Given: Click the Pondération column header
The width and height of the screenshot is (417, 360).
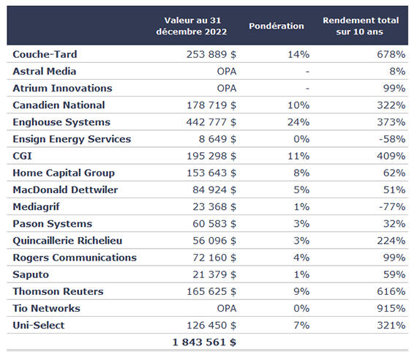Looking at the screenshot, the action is tap(277, 26).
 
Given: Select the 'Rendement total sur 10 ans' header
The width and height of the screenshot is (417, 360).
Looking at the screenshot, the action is tap(361, 26).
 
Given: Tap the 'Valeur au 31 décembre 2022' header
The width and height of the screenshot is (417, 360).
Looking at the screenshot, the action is tap(192, 26).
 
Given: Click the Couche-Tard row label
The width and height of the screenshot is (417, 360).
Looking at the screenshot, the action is tap(45, 54).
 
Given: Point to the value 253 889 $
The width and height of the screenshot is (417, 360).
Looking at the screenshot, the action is tap(211, 54).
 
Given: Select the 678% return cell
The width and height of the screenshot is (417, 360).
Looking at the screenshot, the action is tap(391, 54).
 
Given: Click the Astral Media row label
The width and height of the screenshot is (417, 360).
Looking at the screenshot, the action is tap(45, 71).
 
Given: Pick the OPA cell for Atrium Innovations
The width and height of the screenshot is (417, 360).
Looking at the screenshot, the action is tap(227, 89).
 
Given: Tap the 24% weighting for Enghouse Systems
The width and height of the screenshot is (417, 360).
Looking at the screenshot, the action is tap(298, 122).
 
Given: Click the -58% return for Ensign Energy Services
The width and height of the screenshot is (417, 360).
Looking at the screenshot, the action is tap(392, 139).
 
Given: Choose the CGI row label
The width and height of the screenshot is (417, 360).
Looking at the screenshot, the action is tap(23, 156).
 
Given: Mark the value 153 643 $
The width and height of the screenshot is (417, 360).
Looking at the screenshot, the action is tap(211, 173).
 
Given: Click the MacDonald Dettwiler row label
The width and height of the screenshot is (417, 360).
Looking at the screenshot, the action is tap(65, 190).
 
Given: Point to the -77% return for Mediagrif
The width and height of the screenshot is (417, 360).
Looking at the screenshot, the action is tap(392, 207).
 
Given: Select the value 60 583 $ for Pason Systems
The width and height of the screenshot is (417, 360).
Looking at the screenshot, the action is tap(214, 224).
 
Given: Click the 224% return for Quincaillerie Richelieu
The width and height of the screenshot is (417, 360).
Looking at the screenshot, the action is tap(391, 241).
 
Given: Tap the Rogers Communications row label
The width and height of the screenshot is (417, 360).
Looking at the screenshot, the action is tap(75, 258).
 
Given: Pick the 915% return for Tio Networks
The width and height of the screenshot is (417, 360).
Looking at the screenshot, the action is tap(391, 308).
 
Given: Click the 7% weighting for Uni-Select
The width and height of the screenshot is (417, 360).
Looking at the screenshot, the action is tap(301, 326).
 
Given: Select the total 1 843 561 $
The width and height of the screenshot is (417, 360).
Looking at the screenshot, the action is tap(204, 342).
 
